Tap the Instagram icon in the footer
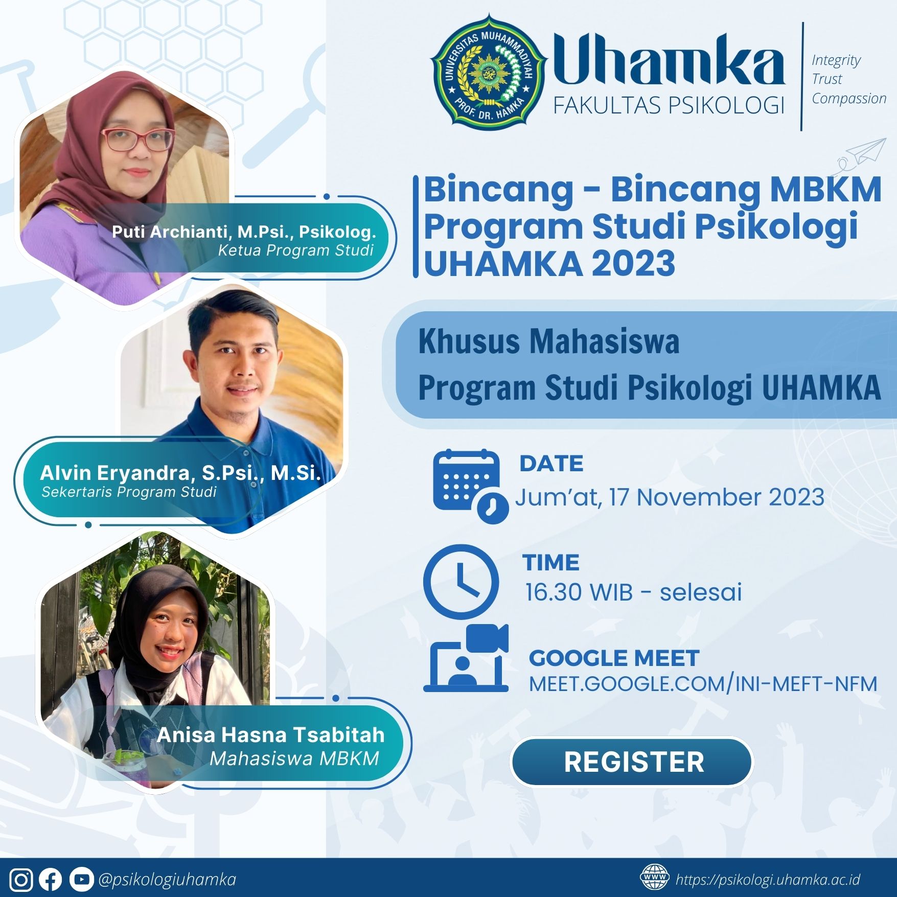coord(21,880)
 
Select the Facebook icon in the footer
coord(50,880)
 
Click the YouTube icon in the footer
coord(81,880)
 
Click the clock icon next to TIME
coord(461,582)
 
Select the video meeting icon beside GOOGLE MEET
coord(466,658)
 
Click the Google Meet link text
coord(703,684)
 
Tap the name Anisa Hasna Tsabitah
coord(271,734)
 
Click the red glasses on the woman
coord(139,138)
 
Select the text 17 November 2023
coord(717,497)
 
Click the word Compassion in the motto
coord(849,98)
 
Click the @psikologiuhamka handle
coord(167,880)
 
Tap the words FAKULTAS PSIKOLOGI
coord(669,105)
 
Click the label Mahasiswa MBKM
coord(294,758)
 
